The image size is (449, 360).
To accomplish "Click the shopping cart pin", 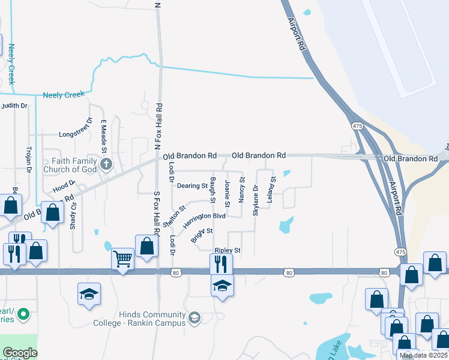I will point(122,259).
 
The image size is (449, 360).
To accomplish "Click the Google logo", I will point(20,353).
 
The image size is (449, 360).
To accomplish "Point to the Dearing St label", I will point(192,186).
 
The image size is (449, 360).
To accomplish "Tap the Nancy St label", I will point(242,188).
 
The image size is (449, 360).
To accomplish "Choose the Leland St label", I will point(271,188).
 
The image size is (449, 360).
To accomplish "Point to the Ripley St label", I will point(228,250).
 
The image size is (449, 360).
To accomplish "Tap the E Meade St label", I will point(103,132).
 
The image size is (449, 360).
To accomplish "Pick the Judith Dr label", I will point(14,106).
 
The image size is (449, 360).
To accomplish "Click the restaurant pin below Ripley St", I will point(221,263).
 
